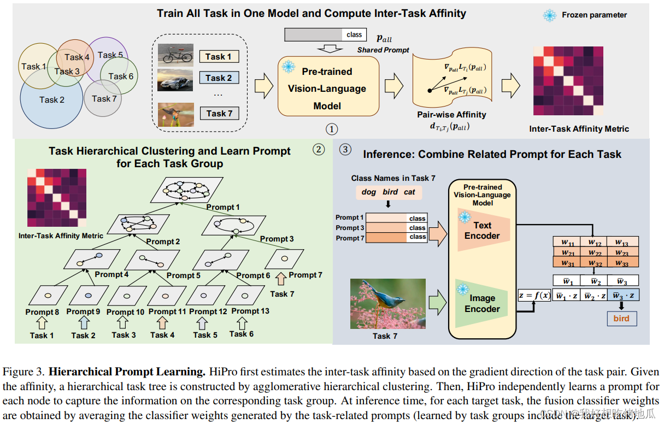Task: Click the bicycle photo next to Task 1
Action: point(175,55)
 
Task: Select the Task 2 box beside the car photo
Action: point(219,78)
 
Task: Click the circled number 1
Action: point(331,129)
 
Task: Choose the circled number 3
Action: point(345,149)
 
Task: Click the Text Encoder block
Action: point(481,231)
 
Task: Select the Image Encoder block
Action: point(481,304)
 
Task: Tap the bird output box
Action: point(621,319)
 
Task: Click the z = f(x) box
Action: point(534,296)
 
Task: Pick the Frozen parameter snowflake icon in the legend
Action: point(549,15)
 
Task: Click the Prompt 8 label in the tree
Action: point(42,312)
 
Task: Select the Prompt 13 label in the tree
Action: point(250,311)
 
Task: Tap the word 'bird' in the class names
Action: point(390,192)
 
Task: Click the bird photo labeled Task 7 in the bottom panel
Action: point(387,303)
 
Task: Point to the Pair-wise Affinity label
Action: point(451,115)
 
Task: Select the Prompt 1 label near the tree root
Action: point(223,207)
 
